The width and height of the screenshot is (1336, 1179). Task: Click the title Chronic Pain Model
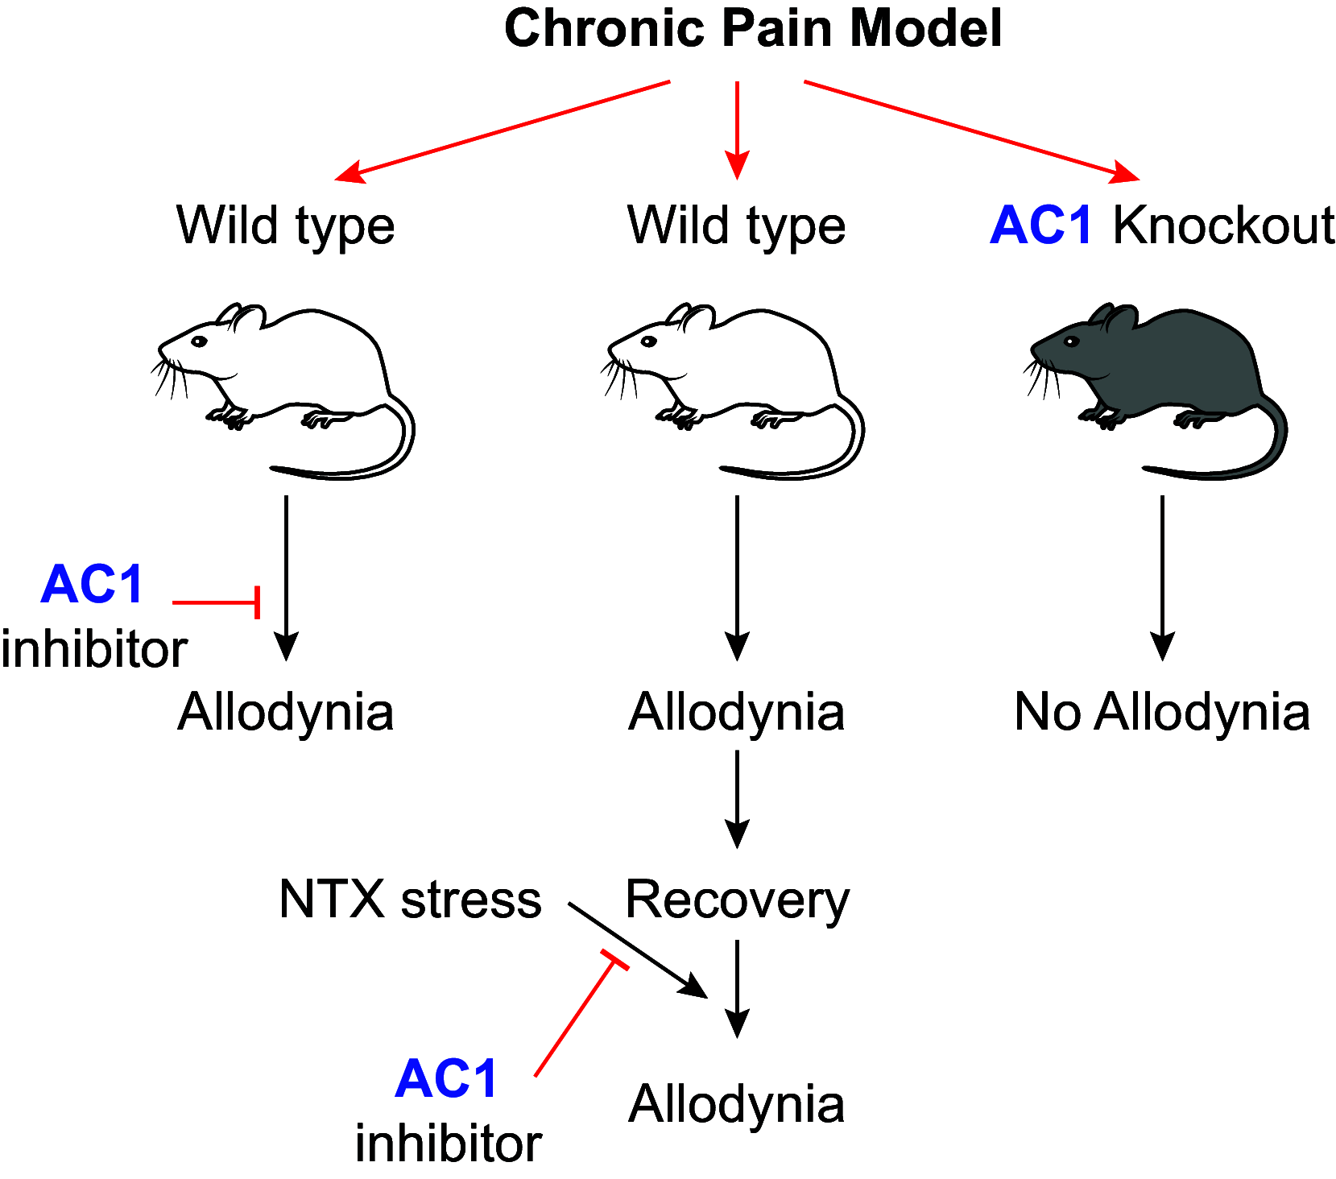[x=752, y=29]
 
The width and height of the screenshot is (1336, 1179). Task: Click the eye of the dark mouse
[x=1071, y=341]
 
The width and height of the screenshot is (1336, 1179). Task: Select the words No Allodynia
[x=1161, y=713]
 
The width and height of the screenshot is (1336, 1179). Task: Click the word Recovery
[x=737, y=900]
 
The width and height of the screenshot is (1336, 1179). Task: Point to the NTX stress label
[x=410, y=900]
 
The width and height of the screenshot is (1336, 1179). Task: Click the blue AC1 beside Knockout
[x=1041, y=225]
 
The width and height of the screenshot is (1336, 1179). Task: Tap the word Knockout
[x=1222, y=225]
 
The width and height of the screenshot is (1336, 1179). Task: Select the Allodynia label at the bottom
[x=736, y=1104]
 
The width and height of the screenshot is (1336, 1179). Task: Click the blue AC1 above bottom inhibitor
[x=447, y=1079]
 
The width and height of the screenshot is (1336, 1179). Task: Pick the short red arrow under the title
[x=737, y=129]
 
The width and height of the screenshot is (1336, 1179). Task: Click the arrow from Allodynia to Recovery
[x=737, y=797]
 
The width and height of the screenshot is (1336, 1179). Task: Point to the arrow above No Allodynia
[x=1161, y=576]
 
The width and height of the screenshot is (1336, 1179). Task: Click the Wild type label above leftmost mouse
[x=285, y=225]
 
